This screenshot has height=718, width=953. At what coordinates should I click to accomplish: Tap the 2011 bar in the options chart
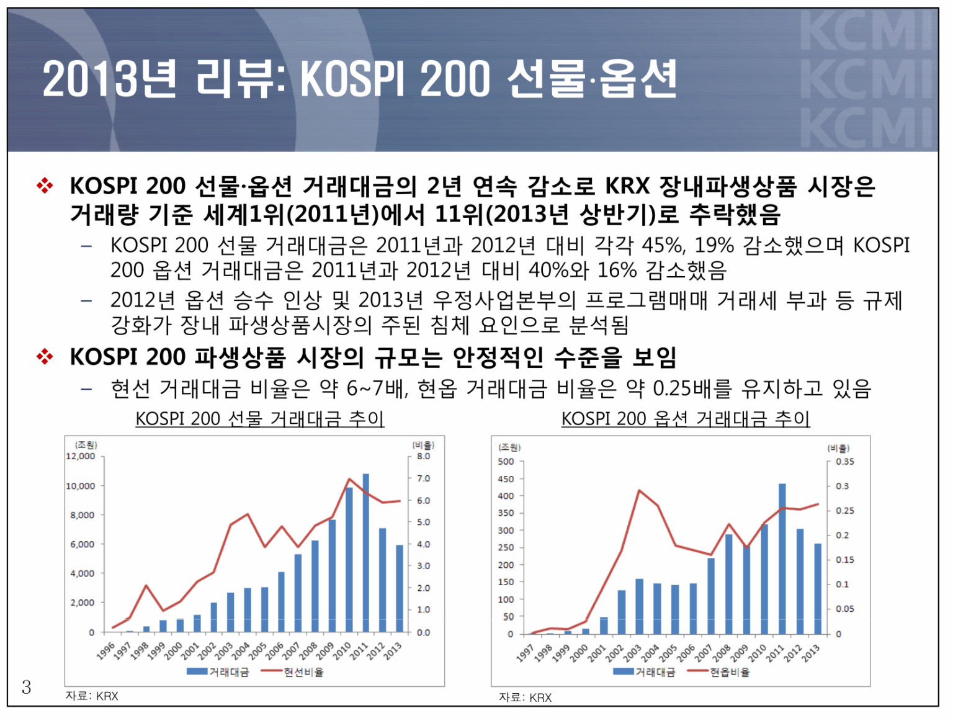tap(782, 559)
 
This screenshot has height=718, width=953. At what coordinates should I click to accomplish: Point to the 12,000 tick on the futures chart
tap(81, 456)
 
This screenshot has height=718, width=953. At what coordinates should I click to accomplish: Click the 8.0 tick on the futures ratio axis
tap(423, 456)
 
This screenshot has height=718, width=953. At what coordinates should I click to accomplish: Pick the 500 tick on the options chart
tap(506, 462)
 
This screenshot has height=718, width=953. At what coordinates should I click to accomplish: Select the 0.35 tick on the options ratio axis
tap(844, 462)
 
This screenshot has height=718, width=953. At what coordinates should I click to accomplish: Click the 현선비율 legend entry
tap(293, 672)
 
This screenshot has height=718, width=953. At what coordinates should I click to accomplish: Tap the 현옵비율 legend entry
tap(720, 672)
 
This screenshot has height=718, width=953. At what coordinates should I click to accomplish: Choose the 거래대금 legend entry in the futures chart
tap(218, 672)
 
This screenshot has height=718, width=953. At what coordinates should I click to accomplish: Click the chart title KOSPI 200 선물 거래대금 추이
tap(260, 419)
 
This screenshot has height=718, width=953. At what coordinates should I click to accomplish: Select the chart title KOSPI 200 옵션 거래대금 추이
tap(686, 419)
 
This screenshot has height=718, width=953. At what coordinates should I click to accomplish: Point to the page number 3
tap(26, 687)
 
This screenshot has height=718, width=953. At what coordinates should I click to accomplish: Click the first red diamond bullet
tap(45, 186)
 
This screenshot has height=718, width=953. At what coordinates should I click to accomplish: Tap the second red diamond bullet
tap(45, 357)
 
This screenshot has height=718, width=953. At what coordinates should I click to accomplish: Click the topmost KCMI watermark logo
tap(867, 31)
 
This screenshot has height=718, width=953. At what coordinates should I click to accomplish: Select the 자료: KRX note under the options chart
tap(525, 698)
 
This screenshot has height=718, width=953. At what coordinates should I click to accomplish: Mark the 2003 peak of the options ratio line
tap(639, 490)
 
